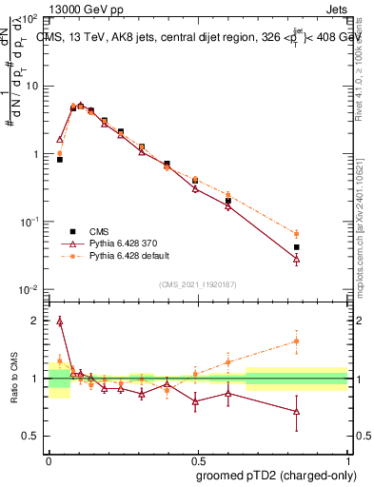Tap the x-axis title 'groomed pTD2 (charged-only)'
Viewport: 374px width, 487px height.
click(x=277, y=475)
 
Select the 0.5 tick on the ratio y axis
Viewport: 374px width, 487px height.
click(x=32, y=436)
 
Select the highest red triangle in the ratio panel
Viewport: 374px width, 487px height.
click(x=60, y=321)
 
